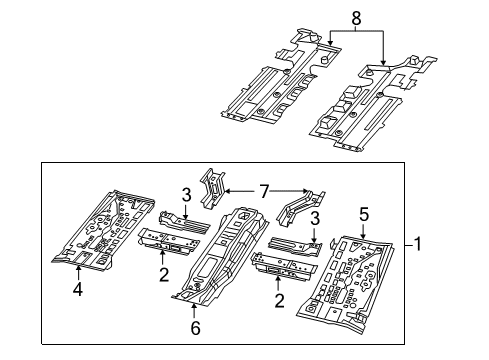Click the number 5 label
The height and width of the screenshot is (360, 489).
[363, 213]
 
